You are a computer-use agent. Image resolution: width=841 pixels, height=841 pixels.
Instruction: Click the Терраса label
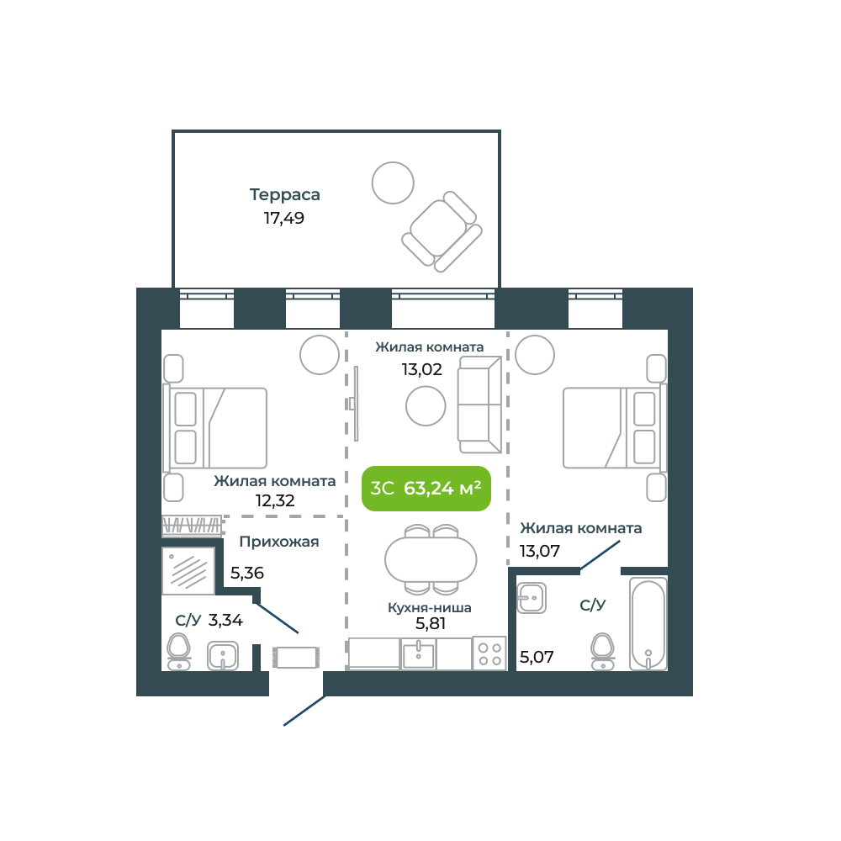point(285,195)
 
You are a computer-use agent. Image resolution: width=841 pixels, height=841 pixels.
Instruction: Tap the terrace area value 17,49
point(283,219)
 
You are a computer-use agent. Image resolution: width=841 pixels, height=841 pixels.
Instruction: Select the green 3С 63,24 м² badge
point(426,488)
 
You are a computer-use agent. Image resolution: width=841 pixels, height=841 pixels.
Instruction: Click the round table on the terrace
point(393,182)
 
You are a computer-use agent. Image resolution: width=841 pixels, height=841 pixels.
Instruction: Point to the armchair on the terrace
point(442,232)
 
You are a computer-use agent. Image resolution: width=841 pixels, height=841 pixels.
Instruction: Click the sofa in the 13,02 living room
point(479,405)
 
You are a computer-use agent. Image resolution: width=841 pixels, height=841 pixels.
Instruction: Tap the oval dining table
point(431,560)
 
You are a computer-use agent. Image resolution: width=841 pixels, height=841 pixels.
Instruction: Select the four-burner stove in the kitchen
point(489,653)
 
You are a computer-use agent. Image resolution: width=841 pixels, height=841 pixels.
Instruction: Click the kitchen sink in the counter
point(419,653)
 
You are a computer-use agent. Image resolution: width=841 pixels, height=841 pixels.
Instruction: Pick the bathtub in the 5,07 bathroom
point(648,624)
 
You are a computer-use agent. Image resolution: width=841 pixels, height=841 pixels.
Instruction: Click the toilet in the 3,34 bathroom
point(178,652)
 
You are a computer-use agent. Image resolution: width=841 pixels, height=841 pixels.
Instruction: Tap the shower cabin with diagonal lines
point(188,571)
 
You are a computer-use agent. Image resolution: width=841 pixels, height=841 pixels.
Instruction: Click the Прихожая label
point(279,542)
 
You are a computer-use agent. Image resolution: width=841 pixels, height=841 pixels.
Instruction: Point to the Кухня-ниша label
point(430,608)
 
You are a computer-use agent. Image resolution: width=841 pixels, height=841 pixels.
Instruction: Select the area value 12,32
point(275,501)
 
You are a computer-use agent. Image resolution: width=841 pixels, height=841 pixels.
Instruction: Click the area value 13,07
point(540,551)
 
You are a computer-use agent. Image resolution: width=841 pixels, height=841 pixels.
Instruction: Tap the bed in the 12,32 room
point(215,428)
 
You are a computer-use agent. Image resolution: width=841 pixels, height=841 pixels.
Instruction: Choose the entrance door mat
point(296,658)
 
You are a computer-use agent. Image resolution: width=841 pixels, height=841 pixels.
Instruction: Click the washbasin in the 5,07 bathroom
point(532,598)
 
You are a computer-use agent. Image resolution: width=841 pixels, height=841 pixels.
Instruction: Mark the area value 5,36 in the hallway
point(247,573)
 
